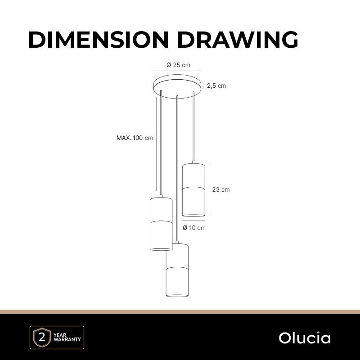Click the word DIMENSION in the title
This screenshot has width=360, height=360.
click(99, 39)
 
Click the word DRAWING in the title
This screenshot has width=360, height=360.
click(238, 39)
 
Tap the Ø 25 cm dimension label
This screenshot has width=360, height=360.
click(178, 65)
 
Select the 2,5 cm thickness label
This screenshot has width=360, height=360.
click(216, 86)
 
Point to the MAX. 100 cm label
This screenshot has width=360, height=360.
click(135, 138)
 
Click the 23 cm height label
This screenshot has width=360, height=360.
click(221, 189)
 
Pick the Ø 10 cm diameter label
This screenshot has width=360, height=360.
click(194, 228)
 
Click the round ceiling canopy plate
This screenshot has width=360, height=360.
click(178, 86)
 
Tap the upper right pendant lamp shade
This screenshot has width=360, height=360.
click(193, 190)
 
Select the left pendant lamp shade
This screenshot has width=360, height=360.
click(161, 224)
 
